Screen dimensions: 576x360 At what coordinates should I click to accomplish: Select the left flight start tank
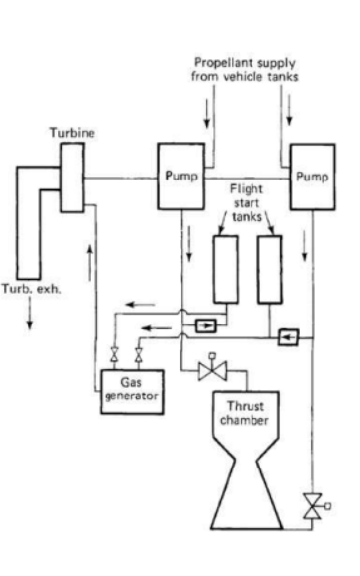click(x=225, y=270)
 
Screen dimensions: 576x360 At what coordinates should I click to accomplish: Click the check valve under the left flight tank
click(x=207, y=324)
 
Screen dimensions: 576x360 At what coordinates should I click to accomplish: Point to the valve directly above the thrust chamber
click(x=209, y=372)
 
